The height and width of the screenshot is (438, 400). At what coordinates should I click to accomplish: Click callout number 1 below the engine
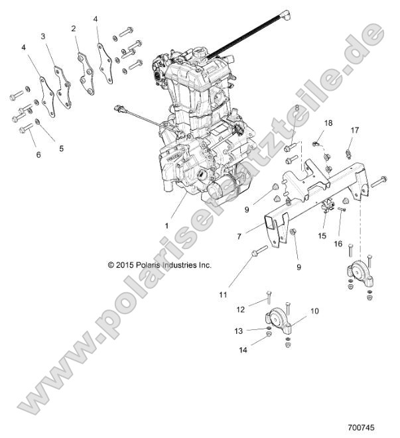pyautogui.click(x=167, y=225)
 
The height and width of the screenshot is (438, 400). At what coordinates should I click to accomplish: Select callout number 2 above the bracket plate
pyautogui.click(x=74, y=28)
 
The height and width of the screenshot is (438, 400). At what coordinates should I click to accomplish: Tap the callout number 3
pyautogui.click(x=43, y=36)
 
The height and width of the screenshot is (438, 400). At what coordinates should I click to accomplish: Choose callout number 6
pyautogui.click(x=38, y=154)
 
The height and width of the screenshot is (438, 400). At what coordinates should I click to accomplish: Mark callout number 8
pyautogui.click(x=297, y=107)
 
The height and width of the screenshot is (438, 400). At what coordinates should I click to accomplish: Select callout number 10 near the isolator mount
pyautogui.click(x=314, y=310)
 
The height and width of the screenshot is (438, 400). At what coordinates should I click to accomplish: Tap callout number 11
pyautogui.click(x=223, y=294)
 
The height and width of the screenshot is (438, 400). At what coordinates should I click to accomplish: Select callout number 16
pyautogui.click(x=338, y=244)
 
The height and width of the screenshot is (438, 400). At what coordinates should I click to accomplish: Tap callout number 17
pyautogui.click(x=354, y=131)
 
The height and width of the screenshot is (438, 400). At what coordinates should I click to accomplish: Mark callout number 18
pyautogui.click(x=328, y=124)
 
